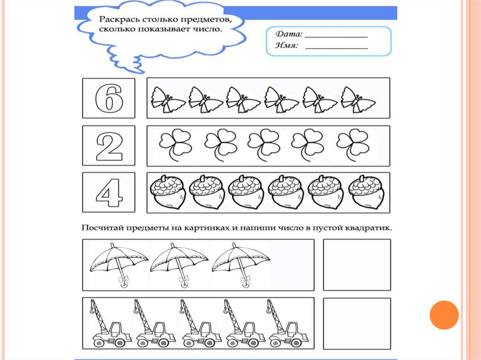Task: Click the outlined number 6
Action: pyautogui.click(x=109, y=98)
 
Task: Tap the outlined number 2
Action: pyautogui.click(x=109, y=146)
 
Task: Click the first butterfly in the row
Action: pyautogui.click(x=167, y=99)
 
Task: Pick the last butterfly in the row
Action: pyautogui.click(x=357, y=99)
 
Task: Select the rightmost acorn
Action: pyautogui.click(x=367, y=192)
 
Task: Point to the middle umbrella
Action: pyautogui.click(x=179, y=263)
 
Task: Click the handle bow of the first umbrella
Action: pyautogui.click(x=124, y=281)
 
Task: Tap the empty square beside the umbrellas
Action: pyautogui.click(x=357, y=265)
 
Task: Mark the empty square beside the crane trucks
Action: pyautogui.click(x=357, y=323)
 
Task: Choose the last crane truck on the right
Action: pyautogui.click(x=287, y=323)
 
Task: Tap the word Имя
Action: pyautogui.click(x=286, y=46)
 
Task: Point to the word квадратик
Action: pyautogui.click(x=369, y=229)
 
